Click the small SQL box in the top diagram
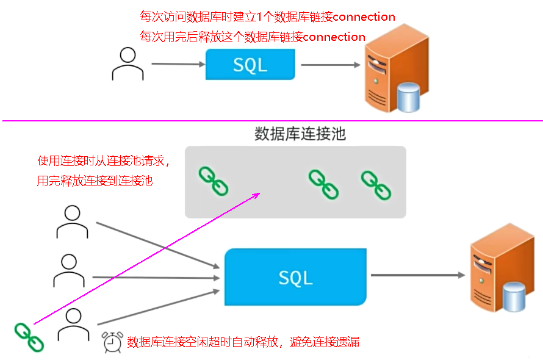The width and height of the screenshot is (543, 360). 250,64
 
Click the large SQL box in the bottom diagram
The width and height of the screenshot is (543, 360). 296,277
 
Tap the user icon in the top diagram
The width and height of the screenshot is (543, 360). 128,63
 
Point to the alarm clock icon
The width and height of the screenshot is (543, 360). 112,342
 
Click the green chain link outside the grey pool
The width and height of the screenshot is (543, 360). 29,337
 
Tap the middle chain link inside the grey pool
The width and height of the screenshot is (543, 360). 323,184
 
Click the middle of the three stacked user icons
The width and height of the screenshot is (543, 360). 69,271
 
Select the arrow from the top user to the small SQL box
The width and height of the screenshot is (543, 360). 178,63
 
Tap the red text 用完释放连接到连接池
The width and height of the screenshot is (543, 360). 95,181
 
